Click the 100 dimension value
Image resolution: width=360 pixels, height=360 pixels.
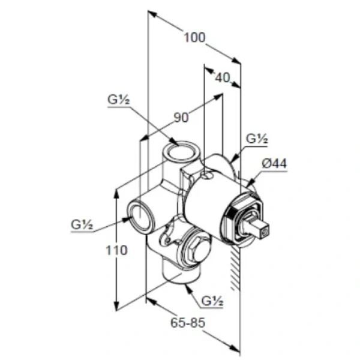coord(194,37)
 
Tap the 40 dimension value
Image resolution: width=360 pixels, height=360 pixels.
coord(223,78)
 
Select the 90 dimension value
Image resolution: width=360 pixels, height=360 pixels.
coord(181,118)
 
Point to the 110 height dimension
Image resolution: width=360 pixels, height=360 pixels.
coord(116,250)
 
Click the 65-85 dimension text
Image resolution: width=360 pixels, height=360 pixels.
coord(188,323)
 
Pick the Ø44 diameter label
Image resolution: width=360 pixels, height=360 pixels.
coord(275,164)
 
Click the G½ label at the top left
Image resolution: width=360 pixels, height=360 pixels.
coord(118,100)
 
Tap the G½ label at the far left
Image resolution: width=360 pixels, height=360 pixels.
coord(82,224)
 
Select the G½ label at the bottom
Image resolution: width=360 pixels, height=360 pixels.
coord(212,301)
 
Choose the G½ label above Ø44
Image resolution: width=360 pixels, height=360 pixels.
coord(257,139)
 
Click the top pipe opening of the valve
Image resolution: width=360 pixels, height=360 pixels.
coord(182,151)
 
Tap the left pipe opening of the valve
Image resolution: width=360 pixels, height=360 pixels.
coord(140,216)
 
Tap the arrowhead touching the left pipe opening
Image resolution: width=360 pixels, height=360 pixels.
coord(127,219)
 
